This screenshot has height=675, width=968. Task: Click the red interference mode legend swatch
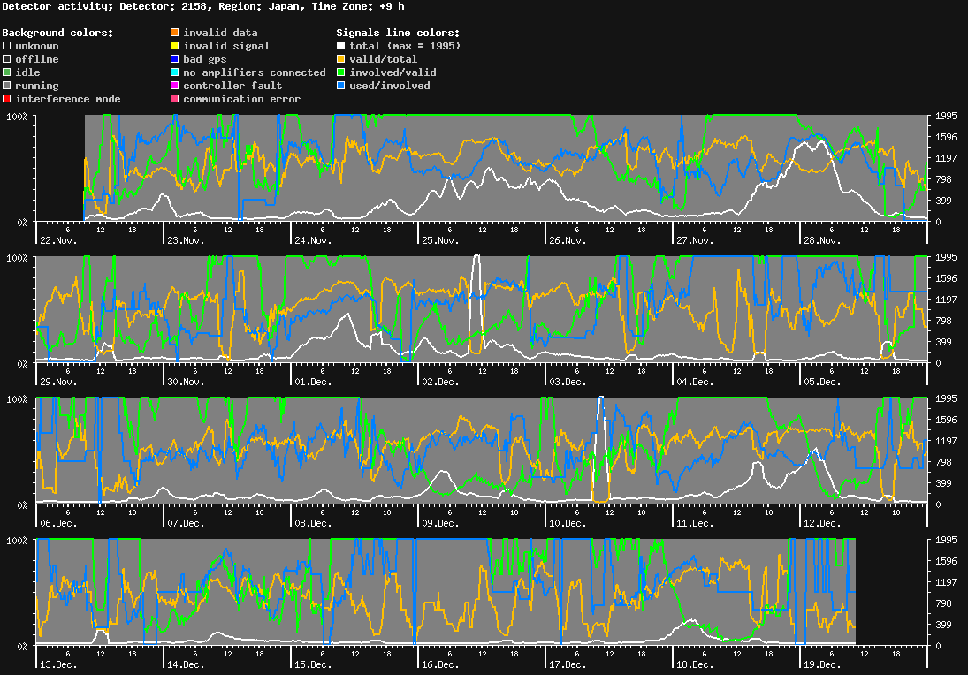[7, 99]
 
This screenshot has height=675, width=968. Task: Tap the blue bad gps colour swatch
[175, 59]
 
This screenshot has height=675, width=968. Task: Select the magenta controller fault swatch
[175, 86]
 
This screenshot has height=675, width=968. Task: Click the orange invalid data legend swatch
[175, 33]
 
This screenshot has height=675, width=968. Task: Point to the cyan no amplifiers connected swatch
[175, 72]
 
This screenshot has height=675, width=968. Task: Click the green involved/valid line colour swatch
[340, 72]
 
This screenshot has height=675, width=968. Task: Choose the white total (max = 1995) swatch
[340, 46]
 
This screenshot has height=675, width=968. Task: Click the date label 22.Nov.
[58, 240]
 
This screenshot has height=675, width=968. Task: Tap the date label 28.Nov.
[822, 240]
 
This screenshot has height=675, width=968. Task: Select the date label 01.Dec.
[313, 382]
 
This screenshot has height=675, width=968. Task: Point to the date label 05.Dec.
[822, 382]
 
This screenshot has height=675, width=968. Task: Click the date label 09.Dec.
[440, 523]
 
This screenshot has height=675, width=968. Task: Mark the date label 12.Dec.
[822, 523]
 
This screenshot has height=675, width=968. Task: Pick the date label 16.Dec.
[440, 664]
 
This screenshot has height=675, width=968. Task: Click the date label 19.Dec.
[822, 664]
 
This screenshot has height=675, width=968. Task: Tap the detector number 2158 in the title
[194, 6]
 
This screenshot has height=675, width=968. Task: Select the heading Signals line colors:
[398, 33]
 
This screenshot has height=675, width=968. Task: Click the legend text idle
[27, 72]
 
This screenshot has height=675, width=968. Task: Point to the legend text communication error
[241, 99]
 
